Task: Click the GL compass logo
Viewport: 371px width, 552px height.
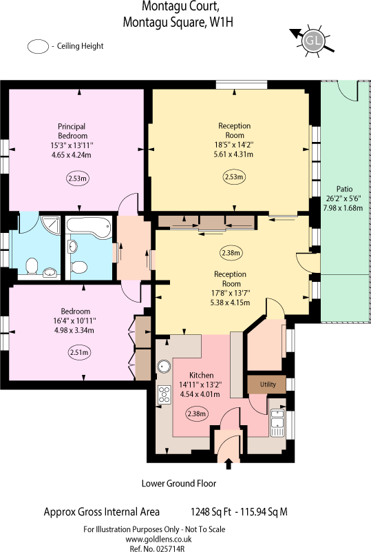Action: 314,41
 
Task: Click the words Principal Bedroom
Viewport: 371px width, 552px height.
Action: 72,131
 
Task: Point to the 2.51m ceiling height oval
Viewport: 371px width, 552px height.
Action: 79,353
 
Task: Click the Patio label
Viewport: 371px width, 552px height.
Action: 344,189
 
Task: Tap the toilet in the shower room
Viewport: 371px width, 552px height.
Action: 31,266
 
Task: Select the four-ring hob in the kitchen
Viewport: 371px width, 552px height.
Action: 165,395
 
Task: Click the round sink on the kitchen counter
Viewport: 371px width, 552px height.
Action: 165,366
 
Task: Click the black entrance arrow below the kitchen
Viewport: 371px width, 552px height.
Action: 229,465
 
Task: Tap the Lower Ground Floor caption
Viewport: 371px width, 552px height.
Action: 179,483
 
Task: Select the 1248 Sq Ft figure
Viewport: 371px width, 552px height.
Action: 210,512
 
